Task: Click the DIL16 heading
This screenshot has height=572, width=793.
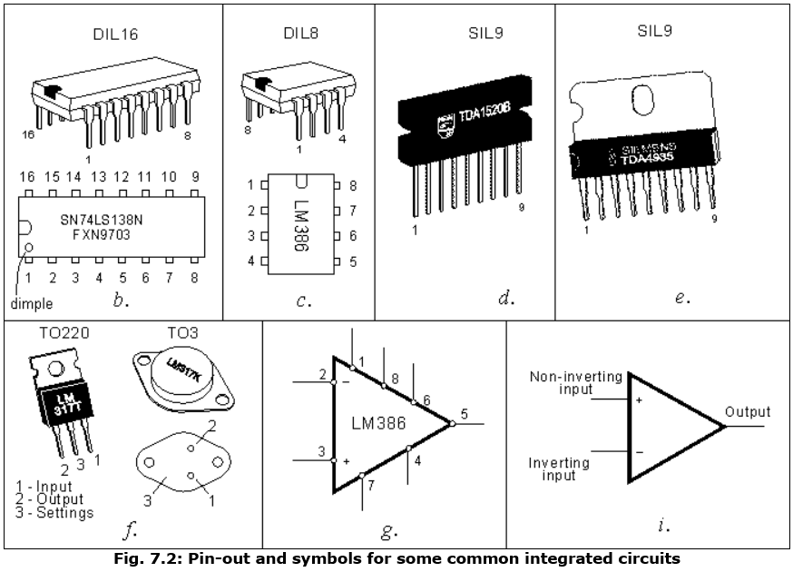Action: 115,35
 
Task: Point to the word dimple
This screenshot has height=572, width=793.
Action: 33,304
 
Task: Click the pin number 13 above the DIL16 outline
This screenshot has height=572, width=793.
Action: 98,177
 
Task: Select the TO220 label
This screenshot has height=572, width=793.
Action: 55,334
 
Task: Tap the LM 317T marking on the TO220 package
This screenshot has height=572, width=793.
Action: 58,402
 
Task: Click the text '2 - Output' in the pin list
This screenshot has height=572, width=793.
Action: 49,498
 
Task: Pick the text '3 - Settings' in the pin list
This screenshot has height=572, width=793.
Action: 54,512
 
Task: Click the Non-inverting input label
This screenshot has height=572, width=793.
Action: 575,382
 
